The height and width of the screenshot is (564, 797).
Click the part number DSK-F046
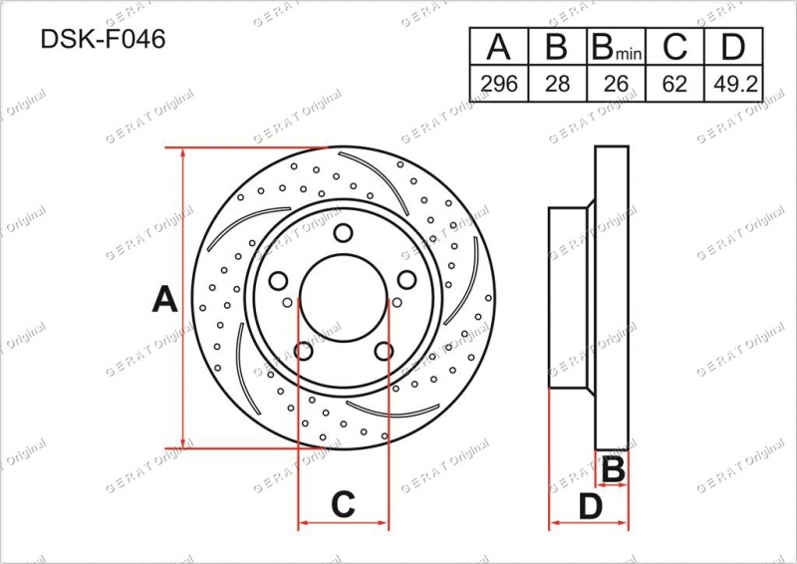point(103,39)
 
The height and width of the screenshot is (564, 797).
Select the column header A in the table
point(498,47)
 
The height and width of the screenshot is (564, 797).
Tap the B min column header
point(616,47)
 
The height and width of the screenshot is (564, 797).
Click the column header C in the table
point(674,47)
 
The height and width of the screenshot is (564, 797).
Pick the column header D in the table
point(732,47)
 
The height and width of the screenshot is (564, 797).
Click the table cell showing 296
point(499,84)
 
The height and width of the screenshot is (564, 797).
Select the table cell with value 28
point(557,84)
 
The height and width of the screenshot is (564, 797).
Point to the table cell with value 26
point(616,84)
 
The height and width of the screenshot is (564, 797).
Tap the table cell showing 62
point(674,84)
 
